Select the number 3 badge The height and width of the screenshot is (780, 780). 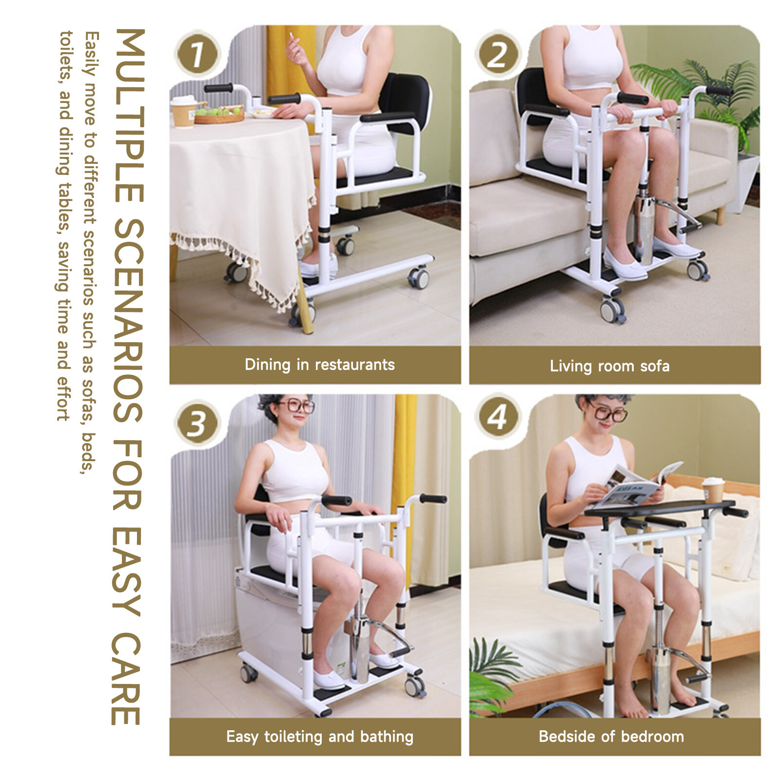click(197, 422)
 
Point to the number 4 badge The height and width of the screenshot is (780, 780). click(497, 417)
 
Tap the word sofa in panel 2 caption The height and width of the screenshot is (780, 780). click(655, 366)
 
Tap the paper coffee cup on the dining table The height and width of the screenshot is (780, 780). click(184, 112)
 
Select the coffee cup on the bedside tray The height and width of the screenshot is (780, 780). click(713, 490)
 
